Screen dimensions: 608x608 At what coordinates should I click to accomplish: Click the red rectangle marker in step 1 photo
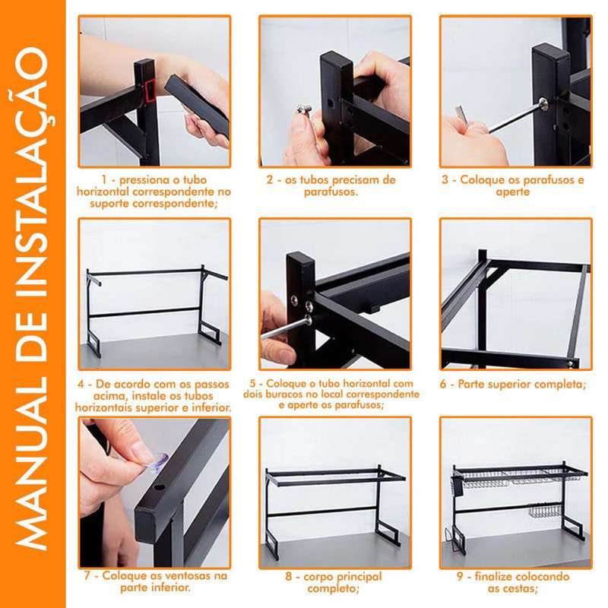(150, 90)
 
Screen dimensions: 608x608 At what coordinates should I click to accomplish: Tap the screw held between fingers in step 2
(305, 110)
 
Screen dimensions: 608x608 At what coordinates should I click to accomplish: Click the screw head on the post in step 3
(543, 103)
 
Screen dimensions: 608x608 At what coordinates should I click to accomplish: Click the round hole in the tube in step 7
(159, 486)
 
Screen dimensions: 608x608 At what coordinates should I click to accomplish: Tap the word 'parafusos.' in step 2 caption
(331, 192)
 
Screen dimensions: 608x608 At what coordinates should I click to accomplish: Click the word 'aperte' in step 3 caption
(512, 192)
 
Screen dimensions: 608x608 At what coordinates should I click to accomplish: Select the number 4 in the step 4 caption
(81, 385)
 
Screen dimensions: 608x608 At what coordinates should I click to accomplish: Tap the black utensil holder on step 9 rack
(458, 486)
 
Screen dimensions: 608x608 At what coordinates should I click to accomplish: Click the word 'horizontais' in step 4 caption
(105, 407)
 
